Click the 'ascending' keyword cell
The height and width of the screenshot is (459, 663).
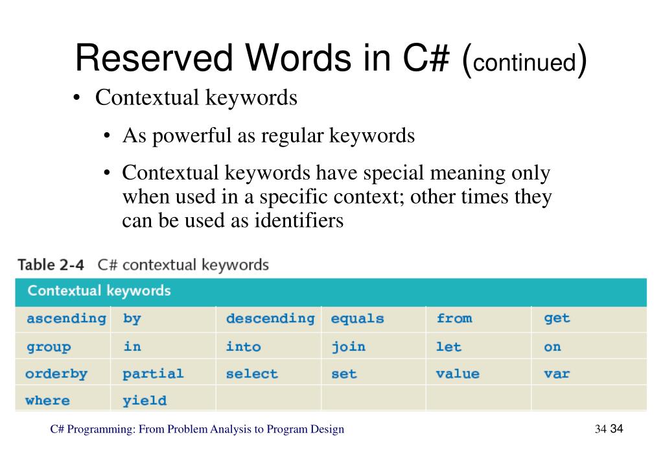[x=66, y=318]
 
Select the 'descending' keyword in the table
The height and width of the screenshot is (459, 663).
[x=270, y=318]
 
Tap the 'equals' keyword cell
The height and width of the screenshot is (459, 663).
[x=357, y=318]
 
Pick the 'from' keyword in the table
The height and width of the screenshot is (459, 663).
[x=454, y=318]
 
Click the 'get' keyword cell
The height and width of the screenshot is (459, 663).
[x=557, y=318]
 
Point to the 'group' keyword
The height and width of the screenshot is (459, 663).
[x=49, y=347]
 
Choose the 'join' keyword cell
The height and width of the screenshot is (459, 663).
[x=349, y=347]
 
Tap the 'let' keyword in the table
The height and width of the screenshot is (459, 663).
[x=448, y=346]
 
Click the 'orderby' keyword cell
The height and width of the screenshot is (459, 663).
[x=56, y=374]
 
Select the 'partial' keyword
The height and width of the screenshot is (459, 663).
[x=153, y=374]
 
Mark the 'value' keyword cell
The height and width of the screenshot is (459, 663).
[x=458, y=373]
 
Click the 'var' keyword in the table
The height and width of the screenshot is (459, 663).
[x=557, y=374]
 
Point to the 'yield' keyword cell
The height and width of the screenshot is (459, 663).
[x=145, y=401]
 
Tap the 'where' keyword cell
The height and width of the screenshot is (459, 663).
[x=47, y=400]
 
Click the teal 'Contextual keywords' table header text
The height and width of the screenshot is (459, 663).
[x=99, y=291]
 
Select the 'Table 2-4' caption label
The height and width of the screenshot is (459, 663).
[x=51, y=265]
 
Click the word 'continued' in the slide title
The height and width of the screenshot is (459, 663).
[x=524, y=62]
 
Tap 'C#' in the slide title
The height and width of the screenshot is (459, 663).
[x=425, y=58]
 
